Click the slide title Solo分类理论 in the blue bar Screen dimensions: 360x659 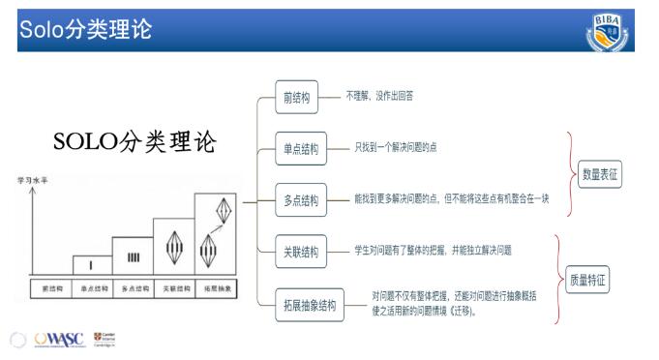pyautogui.click(x=85, y=29)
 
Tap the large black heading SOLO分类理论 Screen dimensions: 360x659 pyautogui.click(x=135, y=142)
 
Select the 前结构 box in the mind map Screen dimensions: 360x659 pyautogui.click(x=296, y=98)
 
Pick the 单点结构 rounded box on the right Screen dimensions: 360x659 pyautogui.click(x=295, y=149)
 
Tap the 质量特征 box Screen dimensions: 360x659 pyautogui.click(x=587, y=279)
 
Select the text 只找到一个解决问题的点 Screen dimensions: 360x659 pyautogui.click(x=403, y=148)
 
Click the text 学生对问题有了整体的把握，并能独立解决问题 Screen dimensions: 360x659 pyautogui.click(x=433, y=251)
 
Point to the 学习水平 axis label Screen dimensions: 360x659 pyautogui.click(x=31, y=180)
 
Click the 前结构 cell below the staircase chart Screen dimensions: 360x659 pyautogui.click(x=51, y=288)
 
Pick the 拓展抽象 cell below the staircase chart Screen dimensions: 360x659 pyautogui.click(x=215, y=288)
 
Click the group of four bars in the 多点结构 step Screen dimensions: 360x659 pyautogui.click(x=133, y=257)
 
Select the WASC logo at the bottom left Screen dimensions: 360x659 pyautogui.click(x=59, y=340)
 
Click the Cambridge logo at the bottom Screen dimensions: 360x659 pyautogui.click(x=104, y=338)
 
